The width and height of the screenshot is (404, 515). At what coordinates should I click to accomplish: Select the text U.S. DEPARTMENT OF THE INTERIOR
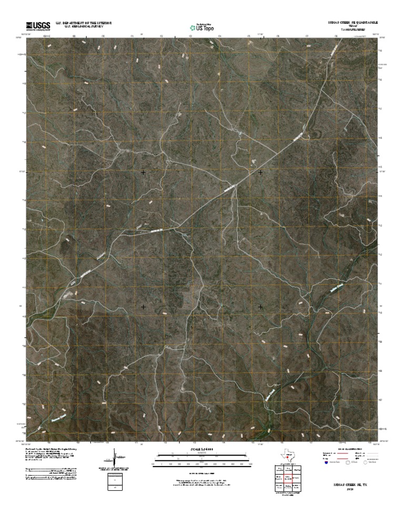tap(88, 23)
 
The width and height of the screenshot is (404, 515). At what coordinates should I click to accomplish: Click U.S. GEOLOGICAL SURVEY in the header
tap(88, 26)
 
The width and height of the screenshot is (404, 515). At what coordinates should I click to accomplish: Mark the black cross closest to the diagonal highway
tap(260, 172)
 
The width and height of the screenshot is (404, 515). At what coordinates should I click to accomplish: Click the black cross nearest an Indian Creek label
tap(260, 306)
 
